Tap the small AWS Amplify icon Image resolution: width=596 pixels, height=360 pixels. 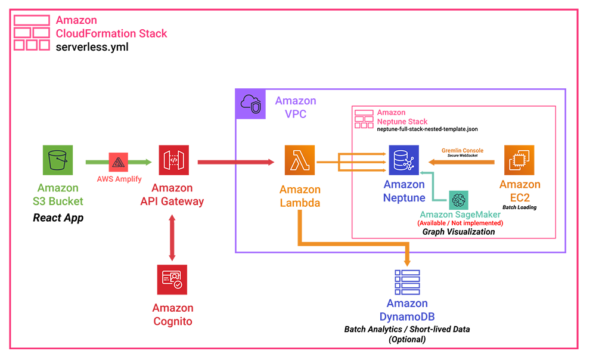pos(118,162)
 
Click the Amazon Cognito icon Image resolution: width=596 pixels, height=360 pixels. pos(172,280)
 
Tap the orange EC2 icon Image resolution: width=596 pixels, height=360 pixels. pos(519,160)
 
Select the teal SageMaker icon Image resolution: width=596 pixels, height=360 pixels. pos(460,200)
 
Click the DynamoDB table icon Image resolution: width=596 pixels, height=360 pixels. pos(407,283)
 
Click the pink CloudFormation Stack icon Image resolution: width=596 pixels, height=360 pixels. pos(32,33)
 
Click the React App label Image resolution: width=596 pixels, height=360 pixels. pos(58,218)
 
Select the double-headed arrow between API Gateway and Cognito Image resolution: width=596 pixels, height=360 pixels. pos(172,238)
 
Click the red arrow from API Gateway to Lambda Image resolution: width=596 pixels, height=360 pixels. pos(235,162)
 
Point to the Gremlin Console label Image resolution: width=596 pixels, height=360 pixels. pos(462,151)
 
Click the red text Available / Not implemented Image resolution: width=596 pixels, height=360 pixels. pos(460,223)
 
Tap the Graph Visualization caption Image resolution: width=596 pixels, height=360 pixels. pos(458,232)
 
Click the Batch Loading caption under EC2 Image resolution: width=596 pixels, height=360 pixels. pos(519,207)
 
